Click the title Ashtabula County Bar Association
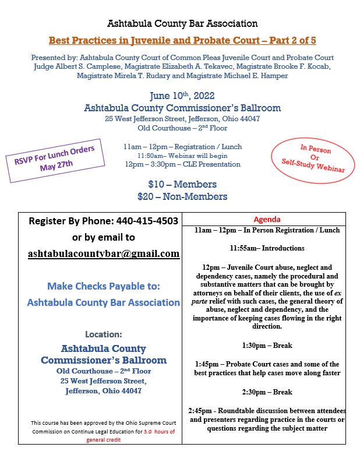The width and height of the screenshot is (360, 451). click(182, 24)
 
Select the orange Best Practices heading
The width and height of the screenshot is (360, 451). click(182, 41)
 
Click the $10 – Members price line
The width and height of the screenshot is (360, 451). click(182, 185)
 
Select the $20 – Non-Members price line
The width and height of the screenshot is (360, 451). click(182, 196)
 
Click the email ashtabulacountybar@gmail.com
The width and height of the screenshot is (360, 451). click(104, 253)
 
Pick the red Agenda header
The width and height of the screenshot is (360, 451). click(267, 219)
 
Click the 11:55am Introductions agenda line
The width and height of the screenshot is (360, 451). click(267, 248)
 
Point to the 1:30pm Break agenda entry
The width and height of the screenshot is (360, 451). click(267, 345)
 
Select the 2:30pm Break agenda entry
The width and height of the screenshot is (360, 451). click(267, 392)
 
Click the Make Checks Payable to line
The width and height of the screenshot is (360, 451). click(104, 286)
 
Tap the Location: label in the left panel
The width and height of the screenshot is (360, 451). click(104, 334)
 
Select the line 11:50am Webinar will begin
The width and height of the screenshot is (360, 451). click(182, 156)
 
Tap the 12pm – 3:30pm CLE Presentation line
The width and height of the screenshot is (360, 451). click(182, 164)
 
